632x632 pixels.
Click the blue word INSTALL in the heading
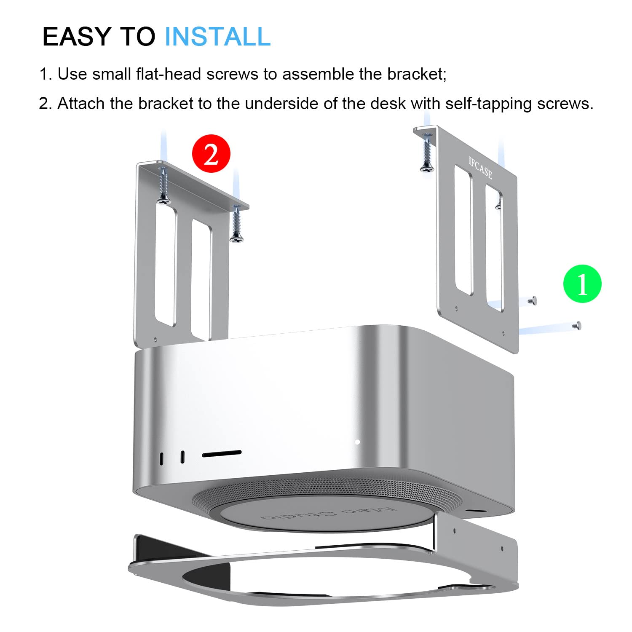click(217, 37)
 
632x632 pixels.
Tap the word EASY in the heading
click(77, 37)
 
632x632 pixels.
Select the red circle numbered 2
click(211, 154)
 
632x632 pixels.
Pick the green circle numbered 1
click(582, 284)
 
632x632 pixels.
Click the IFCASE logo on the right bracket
click(480, 167)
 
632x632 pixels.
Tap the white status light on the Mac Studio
click(357, 442)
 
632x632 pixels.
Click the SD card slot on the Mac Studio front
click(222, 453)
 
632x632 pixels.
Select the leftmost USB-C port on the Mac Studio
click(162, 458)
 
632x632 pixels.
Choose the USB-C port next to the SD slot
click(182, 457)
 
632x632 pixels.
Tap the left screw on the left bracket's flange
click(163, 185)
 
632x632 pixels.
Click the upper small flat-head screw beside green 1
click(533, 300)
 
